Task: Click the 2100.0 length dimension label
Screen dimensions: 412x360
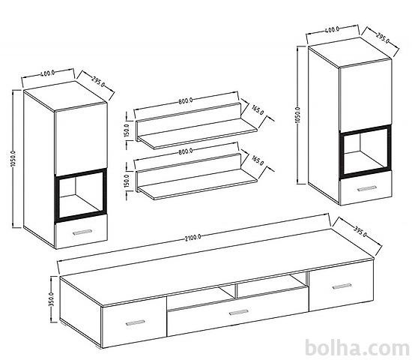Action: pos(193,238)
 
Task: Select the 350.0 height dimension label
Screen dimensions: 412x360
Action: pos(51,299)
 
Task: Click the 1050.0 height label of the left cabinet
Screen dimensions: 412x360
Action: pos(13,159)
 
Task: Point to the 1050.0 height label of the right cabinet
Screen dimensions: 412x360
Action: pos(298,115)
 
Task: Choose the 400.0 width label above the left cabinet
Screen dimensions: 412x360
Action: pos(47,73)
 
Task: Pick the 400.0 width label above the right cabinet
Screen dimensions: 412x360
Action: pos(332,29)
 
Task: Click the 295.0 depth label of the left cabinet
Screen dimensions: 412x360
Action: pos(98,81)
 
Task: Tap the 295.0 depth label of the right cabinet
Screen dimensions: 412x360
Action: pos(383,38)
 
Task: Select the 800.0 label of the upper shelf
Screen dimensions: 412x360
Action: pos(186,100)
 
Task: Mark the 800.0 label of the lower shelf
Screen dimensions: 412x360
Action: pos(186,151)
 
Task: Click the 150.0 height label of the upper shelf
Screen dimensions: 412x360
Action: pos(127,130)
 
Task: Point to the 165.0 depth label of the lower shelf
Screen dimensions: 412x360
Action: pos(258,160)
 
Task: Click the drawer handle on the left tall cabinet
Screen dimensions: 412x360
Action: pos(82,232)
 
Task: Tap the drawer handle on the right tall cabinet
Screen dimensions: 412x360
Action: pos(367,188)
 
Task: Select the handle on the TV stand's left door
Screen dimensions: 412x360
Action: pos(136,322)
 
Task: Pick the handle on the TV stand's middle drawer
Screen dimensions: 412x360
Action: pos(239,312)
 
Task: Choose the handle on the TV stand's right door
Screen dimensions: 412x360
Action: pos(342,286)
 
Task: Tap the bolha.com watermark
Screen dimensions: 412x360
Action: pos(357,348)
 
